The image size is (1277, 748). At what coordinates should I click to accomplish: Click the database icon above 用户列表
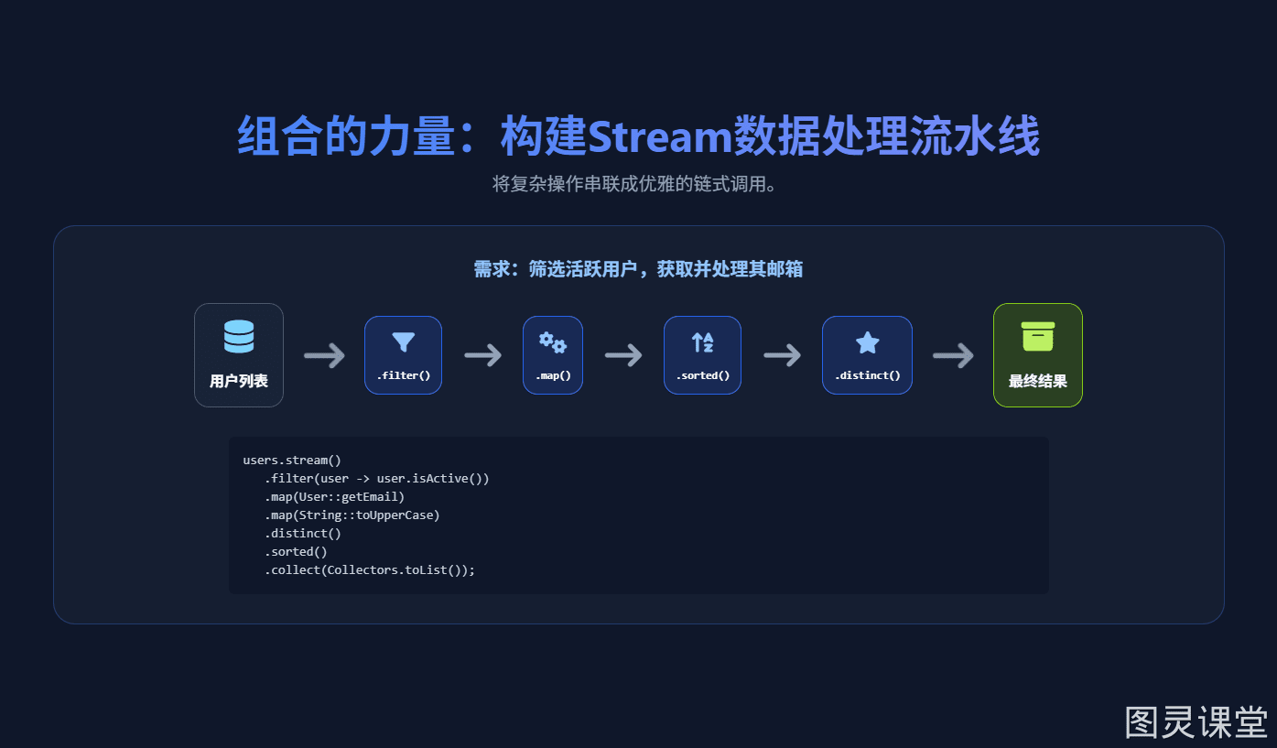(239, 336)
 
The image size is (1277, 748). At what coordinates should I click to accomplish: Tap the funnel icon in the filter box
(403, 341)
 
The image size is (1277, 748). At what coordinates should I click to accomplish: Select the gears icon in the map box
(552, 342)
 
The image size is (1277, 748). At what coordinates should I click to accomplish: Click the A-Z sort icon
(702, 342)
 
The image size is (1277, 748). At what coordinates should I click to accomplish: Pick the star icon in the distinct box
(867, 342)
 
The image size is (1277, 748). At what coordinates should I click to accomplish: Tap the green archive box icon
(1037, 336)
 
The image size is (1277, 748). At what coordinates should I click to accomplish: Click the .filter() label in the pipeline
(403, 375)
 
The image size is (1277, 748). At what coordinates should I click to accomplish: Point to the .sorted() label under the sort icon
(702, 375)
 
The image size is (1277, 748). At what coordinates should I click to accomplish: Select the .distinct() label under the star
(867, 375)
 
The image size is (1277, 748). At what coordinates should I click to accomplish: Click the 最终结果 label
(1037, 381)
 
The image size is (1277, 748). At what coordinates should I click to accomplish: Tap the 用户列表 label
(239, 381)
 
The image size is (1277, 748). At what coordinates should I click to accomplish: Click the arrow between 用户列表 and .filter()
(324, 356)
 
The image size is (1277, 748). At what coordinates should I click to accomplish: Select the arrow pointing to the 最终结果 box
(953, 356)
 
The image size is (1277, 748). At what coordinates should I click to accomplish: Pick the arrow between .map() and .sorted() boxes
(623, 355)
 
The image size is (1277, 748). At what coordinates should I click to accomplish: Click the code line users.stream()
(292, 461)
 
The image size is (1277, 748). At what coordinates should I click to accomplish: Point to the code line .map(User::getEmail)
(335, 496)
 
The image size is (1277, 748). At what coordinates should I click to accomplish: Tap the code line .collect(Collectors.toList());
(370, 569)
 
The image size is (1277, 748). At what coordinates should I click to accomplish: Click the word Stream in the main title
(660, 136)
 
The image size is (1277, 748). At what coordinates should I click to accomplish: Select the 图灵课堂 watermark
(1196, 722)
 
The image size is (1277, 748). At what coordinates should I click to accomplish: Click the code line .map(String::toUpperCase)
(352, 515)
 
